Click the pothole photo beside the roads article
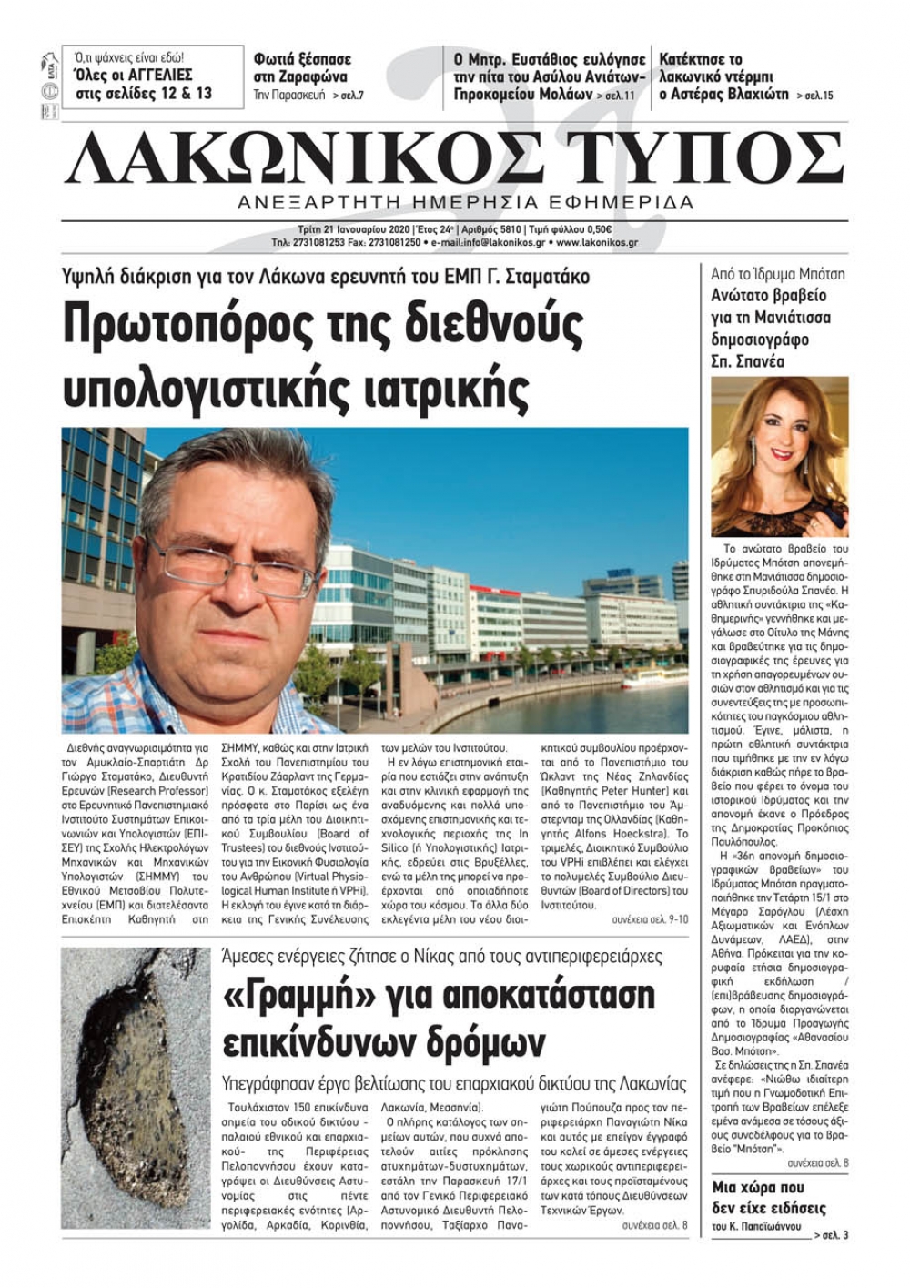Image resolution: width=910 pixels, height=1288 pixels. click(136, 1088)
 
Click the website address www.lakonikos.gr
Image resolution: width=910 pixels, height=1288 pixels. click(597, 243)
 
